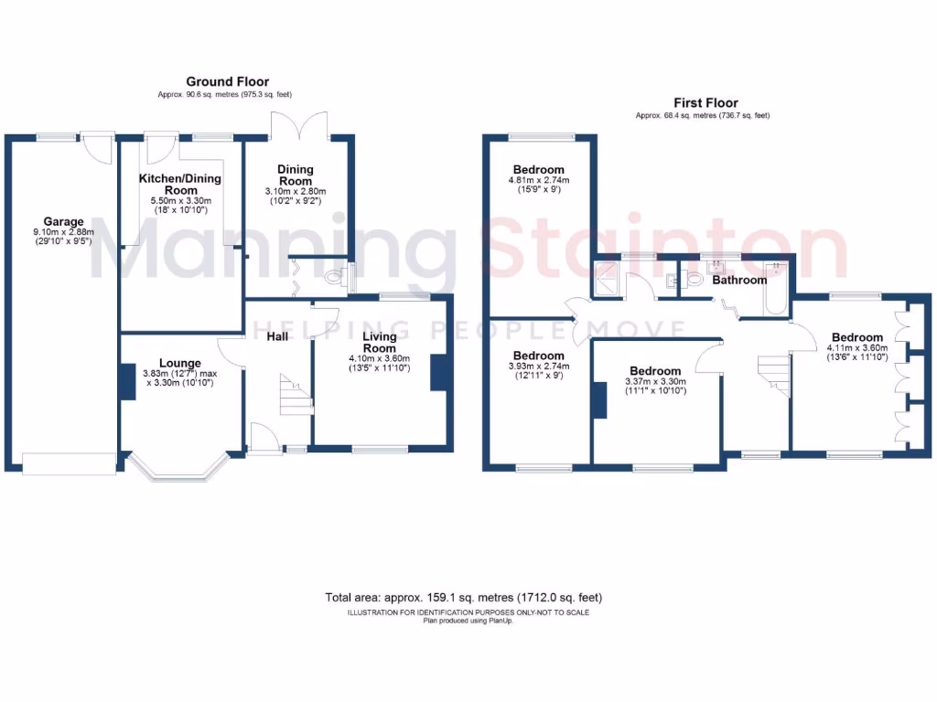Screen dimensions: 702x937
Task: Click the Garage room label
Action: [63, 221]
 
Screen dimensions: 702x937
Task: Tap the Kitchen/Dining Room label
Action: [180, 184]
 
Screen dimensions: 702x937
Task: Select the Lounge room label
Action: [173, 361]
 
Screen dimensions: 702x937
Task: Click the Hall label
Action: [278, 337]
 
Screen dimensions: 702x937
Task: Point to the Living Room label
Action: [380, 342]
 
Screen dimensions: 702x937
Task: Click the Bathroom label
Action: [739, 280]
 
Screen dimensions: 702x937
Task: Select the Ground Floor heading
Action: [227, 82]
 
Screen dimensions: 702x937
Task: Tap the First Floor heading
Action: [705, 103]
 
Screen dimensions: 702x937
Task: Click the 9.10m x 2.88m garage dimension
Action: [63, 233]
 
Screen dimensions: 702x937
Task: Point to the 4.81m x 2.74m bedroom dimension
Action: [538, 181]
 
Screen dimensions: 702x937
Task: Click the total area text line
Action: [463, 597]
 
